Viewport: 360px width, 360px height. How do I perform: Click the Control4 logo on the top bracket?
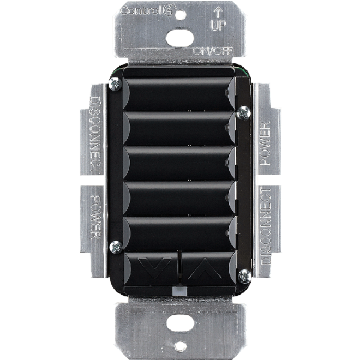tap(148, 11)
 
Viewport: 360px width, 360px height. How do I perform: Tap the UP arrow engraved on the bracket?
tap(218, 12)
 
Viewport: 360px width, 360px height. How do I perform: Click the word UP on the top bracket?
tap(218, 25)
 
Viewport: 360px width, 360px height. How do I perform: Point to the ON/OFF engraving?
tap(212, 51)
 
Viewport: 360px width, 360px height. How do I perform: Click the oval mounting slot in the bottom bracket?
tap(180, 323)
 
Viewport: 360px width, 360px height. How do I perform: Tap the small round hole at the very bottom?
tap(180, 346)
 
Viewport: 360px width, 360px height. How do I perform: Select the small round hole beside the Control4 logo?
tap(180, 15)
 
